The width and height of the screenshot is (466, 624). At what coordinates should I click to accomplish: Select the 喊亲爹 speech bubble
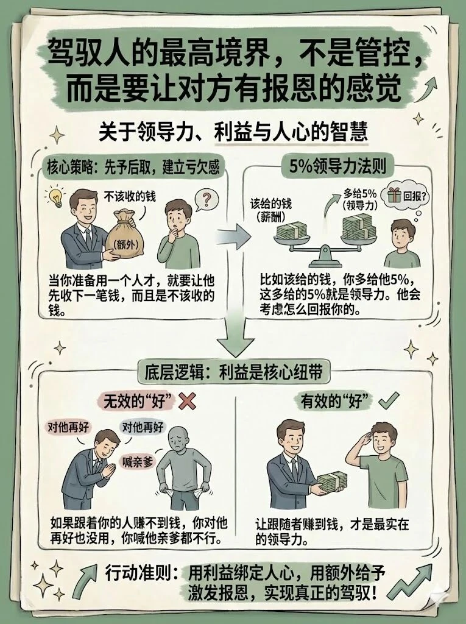[139, 461]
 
